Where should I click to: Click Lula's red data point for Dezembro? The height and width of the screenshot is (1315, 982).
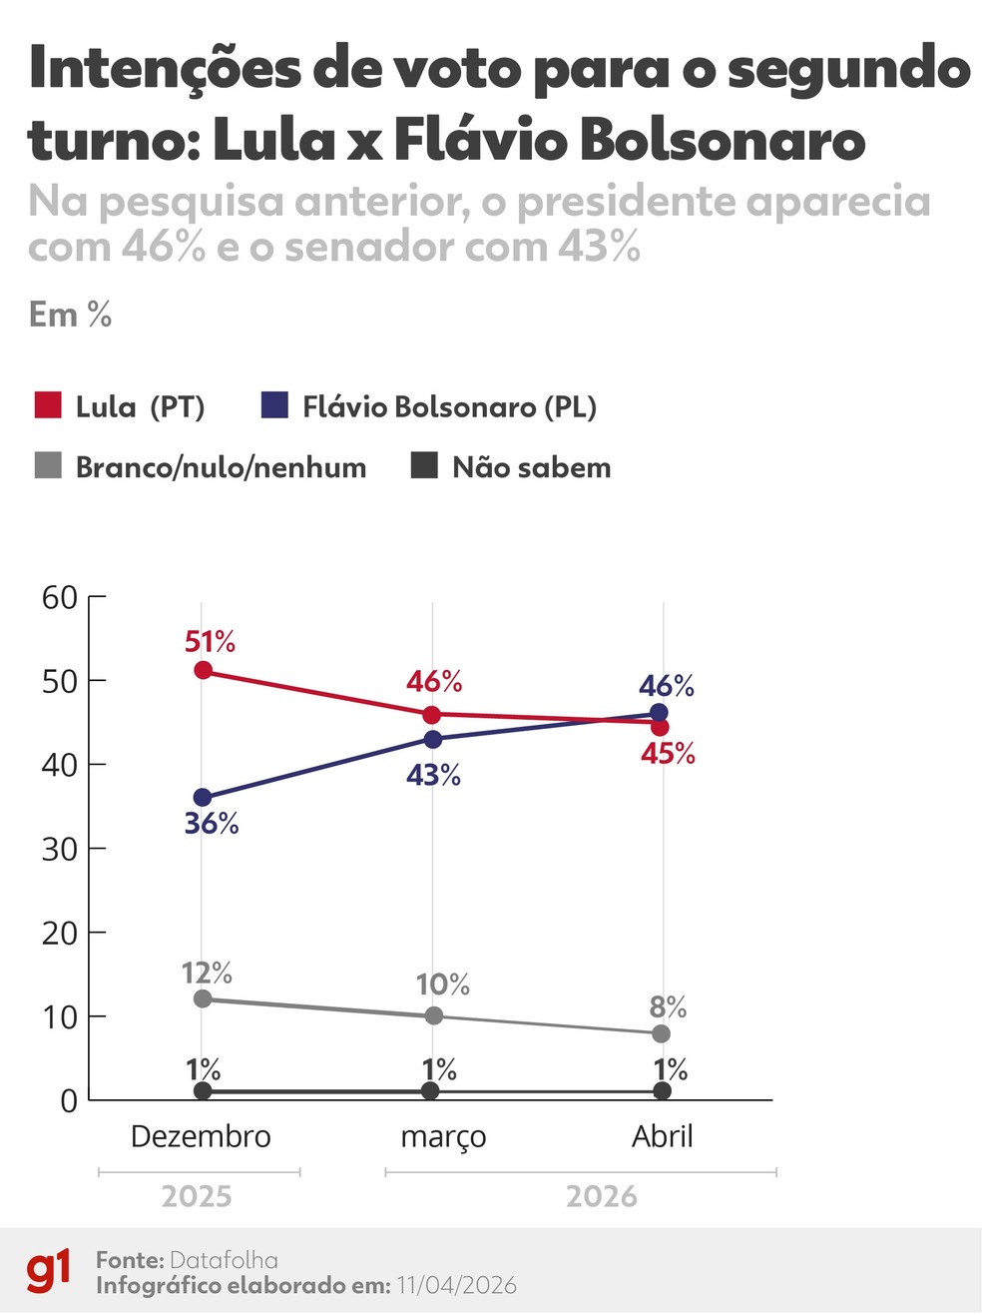[x=203, y=670]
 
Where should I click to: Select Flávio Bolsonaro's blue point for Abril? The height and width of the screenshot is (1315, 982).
[x=659, y=713]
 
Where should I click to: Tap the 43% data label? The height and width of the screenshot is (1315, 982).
[x=433, y=775]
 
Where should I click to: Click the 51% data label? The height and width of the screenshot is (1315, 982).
[x=210, y=641]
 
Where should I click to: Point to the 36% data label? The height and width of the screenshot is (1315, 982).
[x=212, y=824]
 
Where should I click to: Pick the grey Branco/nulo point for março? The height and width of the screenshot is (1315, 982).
[x=433, y=1015]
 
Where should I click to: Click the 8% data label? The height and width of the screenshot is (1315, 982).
[x=668, y=1006]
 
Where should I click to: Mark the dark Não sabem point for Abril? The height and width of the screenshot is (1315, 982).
[x=662, y=1090]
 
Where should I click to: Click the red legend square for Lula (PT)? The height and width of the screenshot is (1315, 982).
[x=48, y=405]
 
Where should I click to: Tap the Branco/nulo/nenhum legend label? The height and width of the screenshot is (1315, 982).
[x=221, y=467]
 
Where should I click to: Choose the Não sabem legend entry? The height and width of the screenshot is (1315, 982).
[x=531, y=467]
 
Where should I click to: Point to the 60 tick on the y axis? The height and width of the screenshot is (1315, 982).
[x=59, y=597]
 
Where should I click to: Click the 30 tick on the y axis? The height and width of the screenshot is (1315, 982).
[x=59, y=849]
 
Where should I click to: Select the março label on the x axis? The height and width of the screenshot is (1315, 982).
[x=443, y=1136]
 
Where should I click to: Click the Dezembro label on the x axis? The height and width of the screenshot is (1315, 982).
[x=201, y=1136]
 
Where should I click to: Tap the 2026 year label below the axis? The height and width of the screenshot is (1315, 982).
[x=601, y=1196]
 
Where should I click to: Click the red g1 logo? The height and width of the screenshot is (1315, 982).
[x=49, y=1270]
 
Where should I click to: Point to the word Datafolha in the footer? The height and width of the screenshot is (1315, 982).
[x=224, y=1260]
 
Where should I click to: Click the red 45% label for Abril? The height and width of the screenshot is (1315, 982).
[x=668, y=754]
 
